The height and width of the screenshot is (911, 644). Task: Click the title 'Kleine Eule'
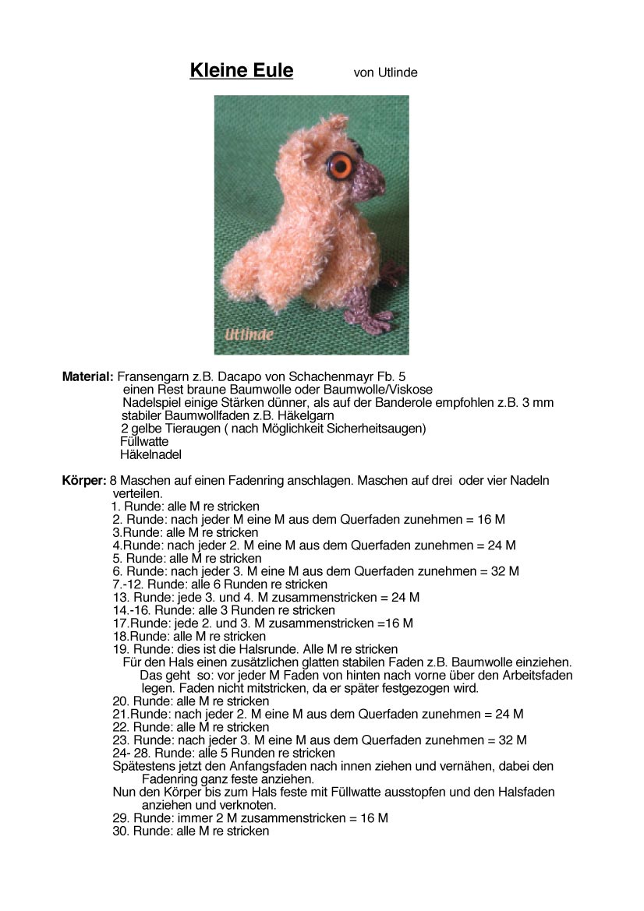click(242, 71)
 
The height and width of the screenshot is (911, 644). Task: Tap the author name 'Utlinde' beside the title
click(398, 72)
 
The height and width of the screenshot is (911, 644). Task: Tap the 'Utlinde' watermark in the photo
click(249, 335)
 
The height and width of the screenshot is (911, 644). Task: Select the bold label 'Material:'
click(88, 376)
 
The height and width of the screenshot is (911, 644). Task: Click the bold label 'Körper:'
click(84, 481)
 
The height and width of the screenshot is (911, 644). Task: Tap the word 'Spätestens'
click(141, 766)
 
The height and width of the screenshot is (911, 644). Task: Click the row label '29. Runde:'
click(142, 818)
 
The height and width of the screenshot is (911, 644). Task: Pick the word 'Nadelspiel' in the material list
click(150, 403)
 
